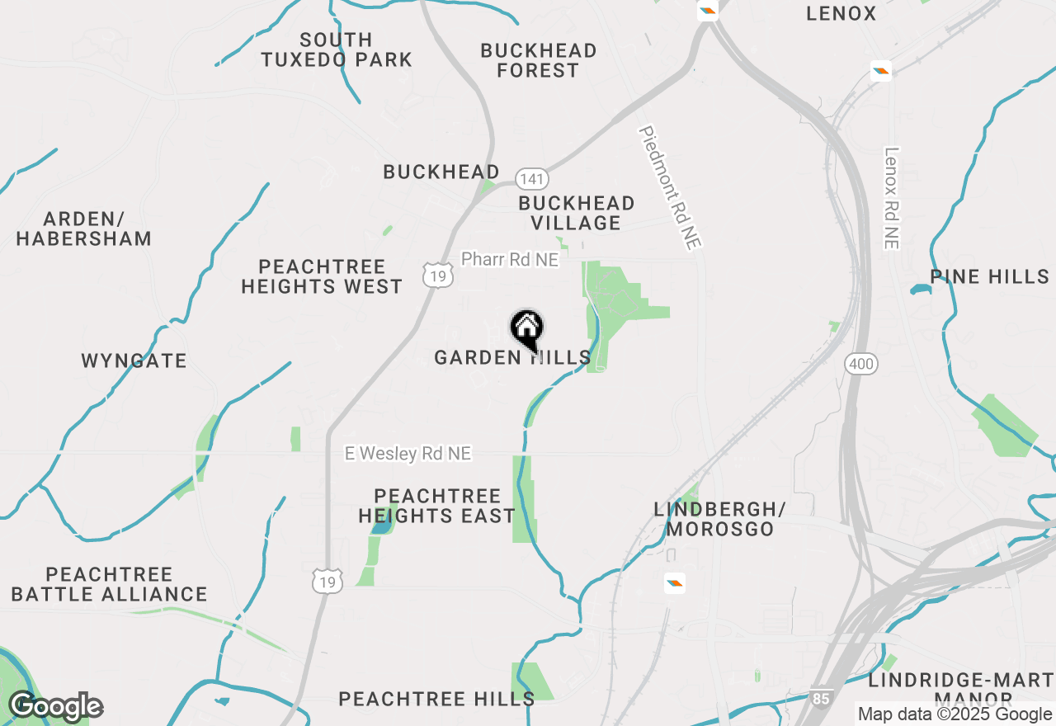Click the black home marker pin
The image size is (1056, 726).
point(527,330)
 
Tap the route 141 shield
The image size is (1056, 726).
point(532,179)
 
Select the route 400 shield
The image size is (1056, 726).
point(860,364)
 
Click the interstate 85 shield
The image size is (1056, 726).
point(820,699)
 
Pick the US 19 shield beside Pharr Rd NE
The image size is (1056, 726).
point(439,276)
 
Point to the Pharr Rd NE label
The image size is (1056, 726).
point(510,260)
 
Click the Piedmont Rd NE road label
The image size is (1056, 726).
point(670,187)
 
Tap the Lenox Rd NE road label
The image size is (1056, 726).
point(891,198)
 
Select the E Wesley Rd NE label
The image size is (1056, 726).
point(408,454)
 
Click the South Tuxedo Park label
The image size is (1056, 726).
point(337,49)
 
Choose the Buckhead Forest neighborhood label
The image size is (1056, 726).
point(539,60)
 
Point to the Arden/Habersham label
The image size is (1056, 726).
point(84,229)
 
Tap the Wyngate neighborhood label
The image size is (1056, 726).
point(134,361)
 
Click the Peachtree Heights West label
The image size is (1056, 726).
point(322,276)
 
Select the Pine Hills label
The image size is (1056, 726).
point(990,276)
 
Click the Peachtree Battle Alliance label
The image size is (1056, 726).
point(110,584)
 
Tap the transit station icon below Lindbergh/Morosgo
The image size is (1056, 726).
point(675,584)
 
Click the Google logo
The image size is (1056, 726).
point(55,707)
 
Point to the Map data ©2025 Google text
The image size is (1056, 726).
point(955,714)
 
